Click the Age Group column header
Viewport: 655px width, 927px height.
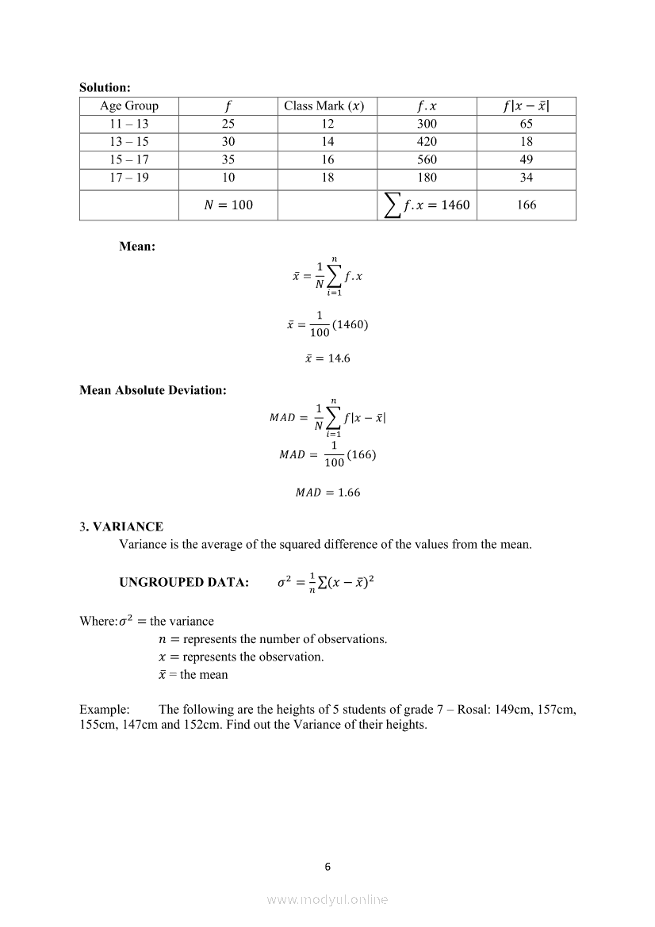point(129,106)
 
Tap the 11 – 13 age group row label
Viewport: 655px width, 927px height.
point(129,124)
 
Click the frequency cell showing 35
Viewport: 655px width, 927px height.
point(228,159)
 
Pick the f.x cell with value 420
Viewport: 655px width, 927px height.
point(427,142)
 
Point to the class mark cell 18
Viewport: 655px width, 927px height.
point(327,178)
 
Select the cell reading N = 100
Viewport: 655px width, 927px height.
point(228,205)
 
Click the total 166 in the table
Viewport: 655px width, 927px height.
point(527,205)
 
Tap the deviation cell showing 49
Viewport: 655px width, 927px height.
point(527,159)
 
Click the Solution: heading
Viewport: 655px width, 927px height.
point(105,88)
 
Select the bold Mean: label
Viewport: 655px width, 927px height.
point(137,247)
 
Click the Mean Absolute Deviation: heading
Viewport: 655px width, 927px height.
point(153,390)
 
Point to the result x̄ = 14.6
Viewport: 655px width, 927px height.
point(327,358)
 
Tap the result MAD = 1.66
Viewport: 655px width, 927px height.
point(327,492)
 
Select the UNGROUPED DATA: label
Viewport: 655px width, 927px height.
point(184,583)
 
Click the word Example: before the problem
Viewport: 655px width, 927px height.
point(105,710)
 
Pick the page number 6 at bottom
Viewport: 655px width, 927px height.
point(327,867)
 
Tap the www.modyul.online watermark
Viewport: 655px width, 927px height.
point(327,899)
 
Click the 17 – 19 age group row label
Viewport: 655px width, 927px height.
point(129,178)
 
